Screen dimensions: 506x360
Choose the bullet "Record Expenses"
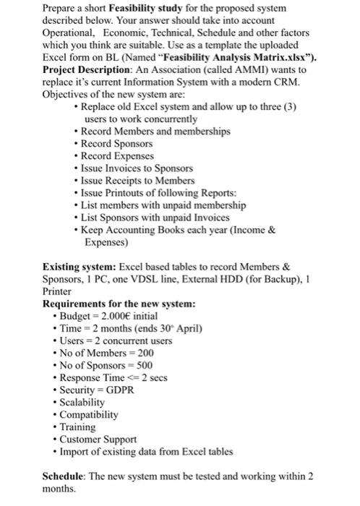[117, 155]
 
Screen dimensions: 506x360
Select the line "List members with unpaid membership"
[163, 205]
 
